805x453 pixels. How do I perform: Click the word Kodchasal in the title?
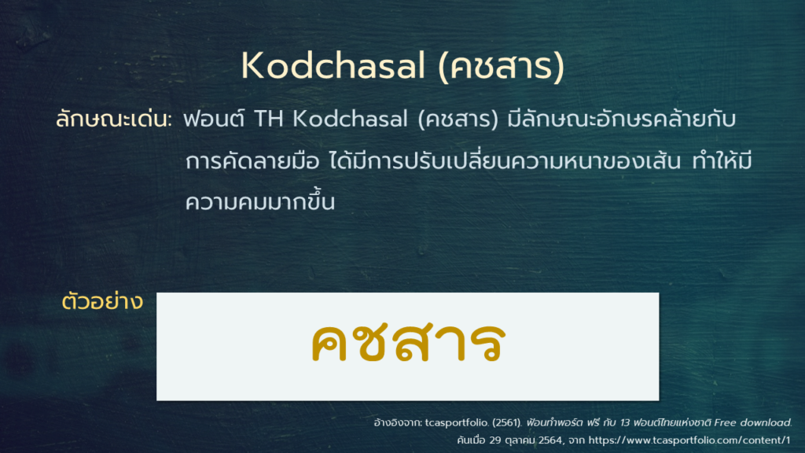click(x=333, y=66)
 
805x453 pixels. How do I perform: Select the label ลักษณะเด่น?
click(x=113, y=120)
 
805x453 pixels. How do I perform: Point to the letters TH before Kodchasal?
click(x=269, y=120)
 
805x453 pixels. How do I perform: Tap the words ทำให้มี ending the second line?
click(x=722, y=160)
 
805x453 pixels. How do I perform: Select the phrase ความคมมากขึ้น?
click(x=260, y=201)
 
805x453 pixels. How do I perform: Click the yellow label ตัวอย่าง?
click(x=102, y=302)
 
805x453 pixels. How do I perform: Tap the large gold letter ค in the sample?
click(x=333, y=344)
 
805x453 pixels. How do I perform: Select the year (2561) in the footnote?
click(x=507, y=422)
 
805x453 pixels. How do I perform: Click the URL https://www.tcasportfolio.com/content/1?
click(x=689, y=440)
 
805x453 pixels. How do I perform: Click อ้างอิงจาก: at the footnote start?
click(x=398, y=423)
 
